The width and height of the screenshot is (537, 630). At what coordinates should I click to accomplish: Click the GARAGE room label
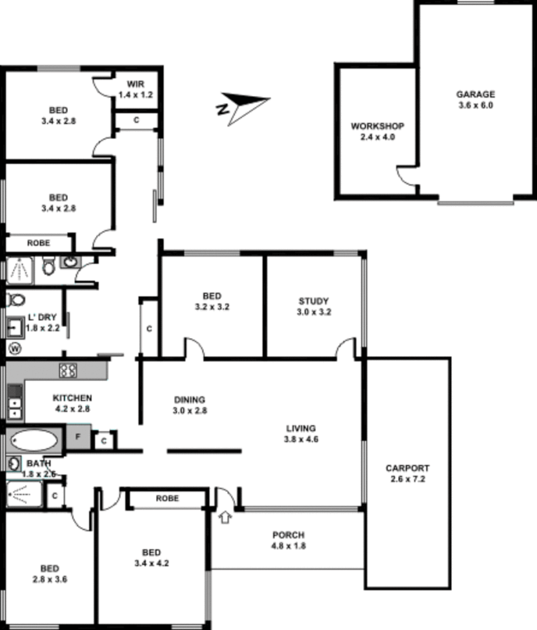click(x=475, y=94)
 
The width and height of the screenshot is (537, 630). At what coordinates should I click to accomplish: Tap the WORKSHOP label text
click(x=378, y=126)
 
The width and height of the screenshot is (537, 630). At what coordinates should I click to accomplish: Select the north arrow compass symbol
click(x=244, y=107)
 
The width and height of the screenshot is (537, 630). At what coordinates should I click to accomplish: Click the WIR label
click(x=135, y=84)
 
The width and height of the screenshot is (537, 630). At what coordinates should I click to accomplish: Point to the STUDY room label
click(x=313, y=301)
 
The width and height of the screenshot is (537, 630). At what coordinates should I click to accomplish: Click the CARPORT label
click(x=407, y=468)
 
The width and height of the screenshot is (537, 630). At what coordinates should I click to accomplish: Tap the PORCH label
click(x=289, y=535)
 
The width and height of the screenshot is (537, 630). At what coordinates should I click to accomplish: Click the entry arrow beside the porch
click(x=225, y=517)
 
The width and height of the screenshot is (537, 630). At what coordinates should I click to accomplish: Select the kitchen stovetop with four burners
click(x=68, y=370)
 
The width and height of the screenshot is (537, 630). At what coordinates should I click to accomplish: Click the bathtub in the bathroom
click(x=34, y=440)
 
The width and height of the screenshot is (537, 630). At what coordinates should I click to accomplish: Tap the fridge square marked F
click(x=78, y=437)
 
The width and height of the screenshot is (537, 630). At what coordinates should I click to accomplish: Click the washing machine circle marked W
click(x=15, y=349)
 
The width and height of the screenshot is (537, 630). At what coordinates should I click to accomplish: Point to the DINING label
click(x=189, y=400)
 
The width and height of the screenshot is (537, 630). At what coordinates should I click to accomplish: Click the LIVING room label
click(x=301, y=429)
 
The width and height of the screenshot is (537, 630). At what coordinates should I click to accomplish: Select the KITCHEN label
click(x=72, y=398)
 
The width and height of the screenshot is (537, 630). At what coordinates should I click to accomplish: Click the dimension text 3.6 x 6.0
click(x=475, y=105)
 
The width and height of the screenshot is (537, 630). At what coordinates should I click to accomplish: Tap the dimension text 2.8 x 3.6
click(x=50, y=579)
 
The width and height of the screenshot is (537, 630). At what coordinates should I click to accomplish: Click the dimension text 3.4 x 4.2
click(x=151, y=563)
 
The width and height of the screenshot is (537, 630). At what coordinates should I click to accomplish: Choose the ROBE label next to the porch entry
click(x=167, y=498)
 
